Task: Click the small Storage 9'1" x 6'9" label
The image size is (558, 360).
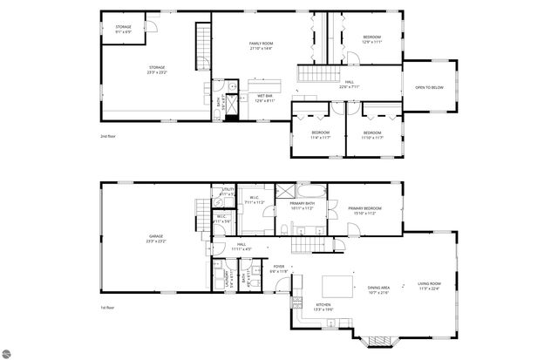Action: click(x=124, y=29)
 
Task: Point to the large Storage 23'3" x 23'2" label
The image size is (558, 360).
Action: click(x=156, y=70)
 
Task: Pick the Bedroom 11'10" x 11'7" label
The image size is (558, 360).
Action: click(x=373, y=134)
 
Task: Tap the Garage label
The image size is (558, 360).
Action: click(x=156, y=238)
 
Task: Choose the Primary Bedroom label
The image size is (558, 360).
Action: click(x=364, y=210)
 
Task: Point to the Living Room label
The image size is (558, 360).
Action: click(x=429, y=286)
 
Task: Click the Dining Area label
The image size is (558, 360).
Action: click(x=378, y=289)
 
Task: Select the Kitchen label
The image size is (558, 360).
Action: click(x=323, y=307)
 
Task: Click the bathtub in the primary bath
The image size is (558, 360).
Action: click(x=311, y=190)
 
